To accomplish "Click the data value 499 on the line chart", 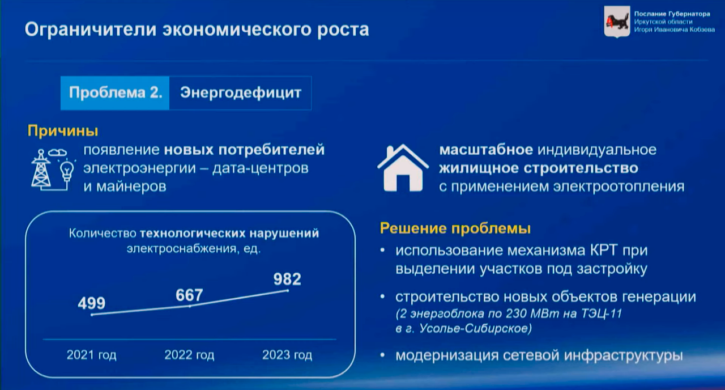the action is click(92, 303).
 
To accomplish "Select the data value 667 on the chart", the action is click(189, 295).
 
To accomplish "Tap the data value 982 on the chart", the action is click(287, 279).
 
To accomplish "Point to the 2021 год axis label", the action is click(91, 355).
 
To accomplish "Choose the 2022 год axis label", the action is click(189, 355).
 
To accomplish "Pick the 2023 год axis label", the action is click(287, 355).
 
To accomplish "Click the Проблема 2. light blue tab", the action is click(115, 93).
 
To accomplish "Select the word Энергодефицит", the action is click(241, 93).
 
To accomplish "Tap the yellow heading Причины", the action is click(63, 131).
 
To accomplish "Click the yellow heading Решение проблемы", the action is click(455, 228).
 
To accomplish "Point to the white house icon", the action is click(403, 168).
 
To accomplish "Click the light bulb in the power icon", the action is click(67, 170).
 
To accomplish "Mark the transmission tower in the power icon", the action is click(41, 169).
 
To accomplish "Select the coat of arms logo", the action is click(617, 22).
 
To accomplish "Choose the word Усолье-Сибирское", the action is click(475, 329).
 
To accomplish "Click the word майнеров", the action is click(131, 186).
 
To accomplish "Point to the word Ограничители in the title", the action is click(91, 30).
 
